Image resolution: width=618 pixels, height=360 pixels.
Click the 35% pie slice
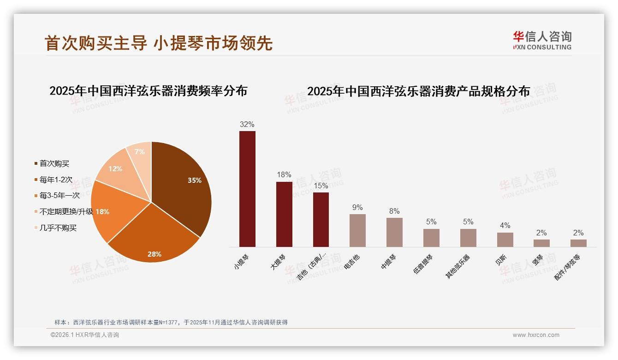182,185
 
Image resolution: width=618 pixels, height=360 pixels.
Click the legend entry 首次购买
54,163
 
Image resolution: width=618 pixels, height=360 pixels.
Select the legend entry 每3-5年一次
59,196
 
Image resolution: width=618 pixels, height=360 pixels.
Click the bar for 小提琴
247,189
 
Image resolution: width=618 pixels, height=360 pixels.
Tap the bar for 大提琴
284,214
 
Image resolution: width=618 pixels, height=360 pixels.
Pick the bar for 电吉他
357,230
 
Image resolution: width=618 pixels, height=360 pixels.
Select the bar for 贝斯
505,240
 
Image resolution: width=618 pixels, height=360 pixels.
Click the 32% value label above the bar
247,124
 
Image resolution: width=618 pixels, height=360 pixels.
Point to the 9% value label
357,207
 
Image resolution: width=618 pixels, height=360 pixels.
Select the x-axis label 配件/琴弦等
568,267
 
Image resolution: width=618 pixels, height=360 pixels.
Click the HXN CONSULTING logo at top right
542,41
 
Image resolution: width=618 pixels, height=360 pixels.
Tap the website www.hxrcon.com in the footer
536,335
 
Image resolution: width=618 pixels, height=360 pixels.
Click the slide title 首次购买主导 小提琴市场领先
159,43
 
